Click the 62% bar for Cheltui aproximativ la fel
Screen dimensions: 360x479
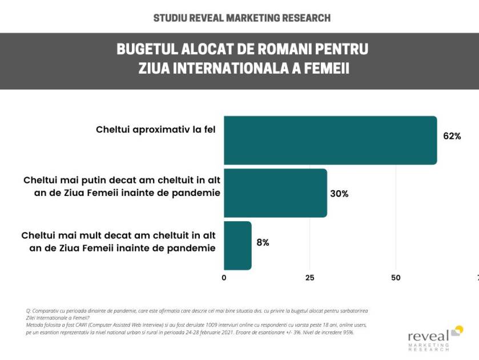tap(330, 140)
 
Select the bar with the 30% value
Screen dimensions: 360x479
tap(275, 193)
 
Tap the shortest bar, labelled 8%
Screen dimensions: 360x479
tap(238, 245)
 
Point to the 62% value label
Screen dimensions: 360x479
tap(452, 136)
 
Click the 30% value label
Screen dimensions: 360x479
tap(339, 194)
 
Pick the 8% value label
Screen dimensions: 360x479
tap(263, 242)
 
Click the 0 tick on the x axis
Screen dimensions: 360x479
tap(224, 278)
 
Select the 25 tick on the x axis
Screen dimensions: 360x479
tap(310, 278)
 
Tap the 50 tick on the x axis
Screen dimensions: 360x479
tap(396, 278)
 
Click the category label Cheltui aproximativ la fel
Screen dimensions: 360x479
tap(155, 130)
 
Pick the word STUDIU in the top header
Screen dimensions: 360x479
tap(171, 18)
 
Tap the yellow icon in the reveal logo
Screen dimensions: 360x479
tap(457, 330)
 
